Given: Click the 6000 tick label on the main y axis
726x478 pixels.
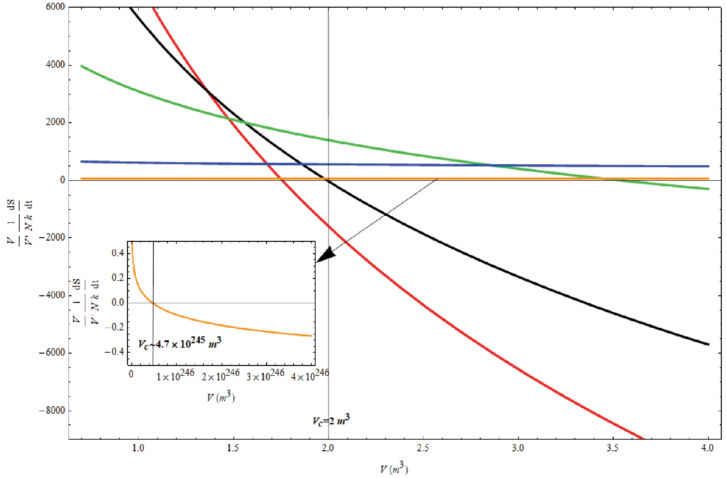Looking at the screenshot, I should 55,7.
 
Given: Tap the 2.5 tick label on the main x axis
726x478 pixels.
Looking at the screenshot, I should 423,448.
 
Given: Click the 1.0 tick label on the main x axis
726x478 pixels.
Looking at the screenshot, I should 139,448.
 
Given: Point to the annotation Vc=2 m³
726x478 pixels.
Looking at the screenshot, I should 331,421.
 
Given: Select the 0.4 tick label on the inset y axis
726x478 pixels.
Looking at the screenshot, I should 118,253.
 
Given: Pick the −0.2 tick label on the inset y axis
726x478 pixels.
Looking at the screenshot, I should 114,327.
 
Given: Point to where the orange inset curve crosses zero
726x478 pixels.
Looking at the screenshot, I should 153,303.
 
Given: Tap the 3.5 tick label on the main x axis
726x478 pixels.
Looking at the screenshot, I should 613,448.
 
